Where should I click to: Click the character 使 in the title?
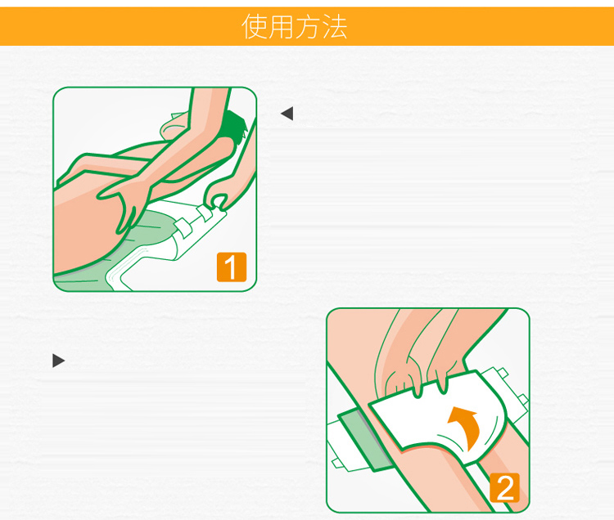255,27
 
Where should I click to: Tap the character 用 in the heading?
281,27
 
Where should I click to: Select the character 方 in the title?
308,27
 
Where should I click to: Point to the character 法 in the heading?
334,27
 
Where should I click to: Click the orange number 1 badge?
232,267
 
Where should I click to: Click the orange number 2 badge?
504,487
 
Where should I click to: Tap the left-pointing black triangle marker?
287,114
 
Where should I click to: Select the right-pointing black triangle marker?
59,361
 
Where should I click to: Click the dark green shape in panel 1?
234,126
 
